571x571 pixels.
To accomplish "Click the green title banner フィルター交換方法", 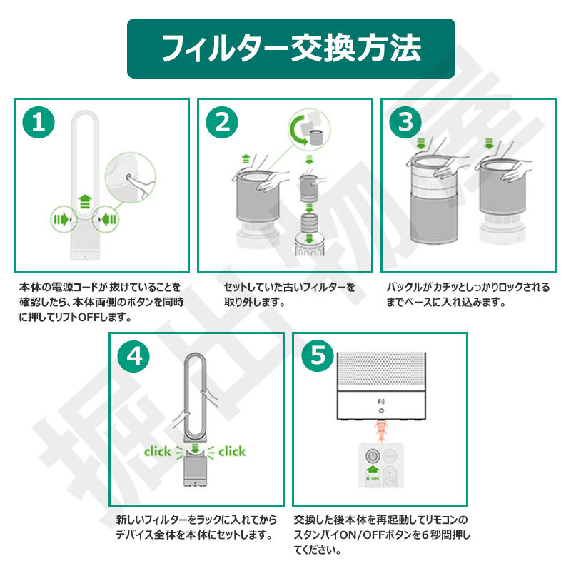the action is (x=291, y=49).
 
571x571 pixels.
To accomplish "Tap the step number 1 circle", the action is (x=39, y=122).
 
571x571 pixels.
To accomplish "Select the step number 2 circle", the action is (x=222, y=122).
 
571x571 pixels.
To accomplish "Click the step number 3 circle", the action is (x=405, y=122).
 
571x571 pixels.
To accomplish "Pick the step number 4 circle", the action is (x=133, y=355).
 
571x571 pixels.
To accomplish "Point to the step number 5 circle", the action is (x=318, y=355).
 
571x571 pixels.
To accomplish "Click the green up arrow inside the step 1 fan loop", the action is (x=85, y=201).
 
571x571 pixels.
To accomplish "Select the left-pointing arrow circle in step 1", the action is (x=106, y=219).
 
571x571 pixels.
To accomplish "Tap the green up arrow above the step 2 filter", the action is (x=246, y=158).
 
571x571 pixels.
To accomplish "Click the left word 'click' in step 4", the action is (x=157, y=452).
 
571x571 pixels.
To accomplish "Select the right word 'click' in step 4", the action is (x=232, y=452).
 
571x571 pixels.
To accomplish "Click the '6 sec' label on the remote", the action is (x=373, y=478).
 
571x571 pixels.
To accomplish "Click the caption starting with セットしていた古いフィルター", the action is (x=290, y=295).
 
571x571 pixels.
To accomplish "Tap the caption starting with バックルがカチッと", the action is (x=468, y=295).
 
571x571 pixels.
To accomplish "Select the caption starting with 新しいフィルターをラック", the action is (x=196, y=527).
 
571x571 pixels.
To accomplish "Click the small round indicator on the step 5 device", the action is (x=381, y=411).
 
